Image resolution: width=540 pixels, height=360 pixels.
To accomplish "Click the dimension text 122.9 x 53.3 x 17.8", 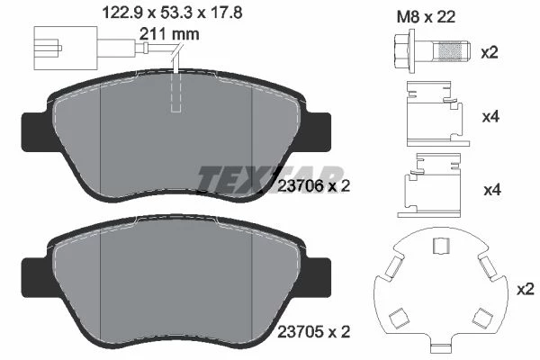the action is pyautogui.click(x=173, y=13).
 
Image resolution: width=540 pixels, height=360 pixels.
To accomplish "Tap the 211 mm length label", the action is pyautogui.click(x=169, y=34).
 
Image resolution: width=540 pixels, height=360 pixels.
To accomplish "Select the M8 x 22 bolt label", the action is pyautogui.click(x=426, y=16).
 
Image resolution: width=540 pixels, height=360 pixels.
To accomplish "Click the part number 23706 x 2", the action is pyautogui.click(x=313, y=186).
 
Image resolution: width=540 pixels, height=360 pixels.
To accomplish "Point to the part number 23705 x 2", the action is pyautogui.click(x=313, y=332).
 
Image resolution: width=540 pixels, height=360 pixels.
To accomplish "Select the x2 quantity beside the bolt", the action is pyautogui.click(x=490, y=53).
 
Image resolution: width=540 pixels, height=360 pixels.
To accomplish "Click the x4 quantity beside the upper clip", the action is pyautogui.click(x=490, y=117).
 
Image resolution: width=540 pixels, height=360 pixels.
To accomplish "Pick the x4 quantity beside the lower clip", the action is pyautogui.click(x=492, y=190).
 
